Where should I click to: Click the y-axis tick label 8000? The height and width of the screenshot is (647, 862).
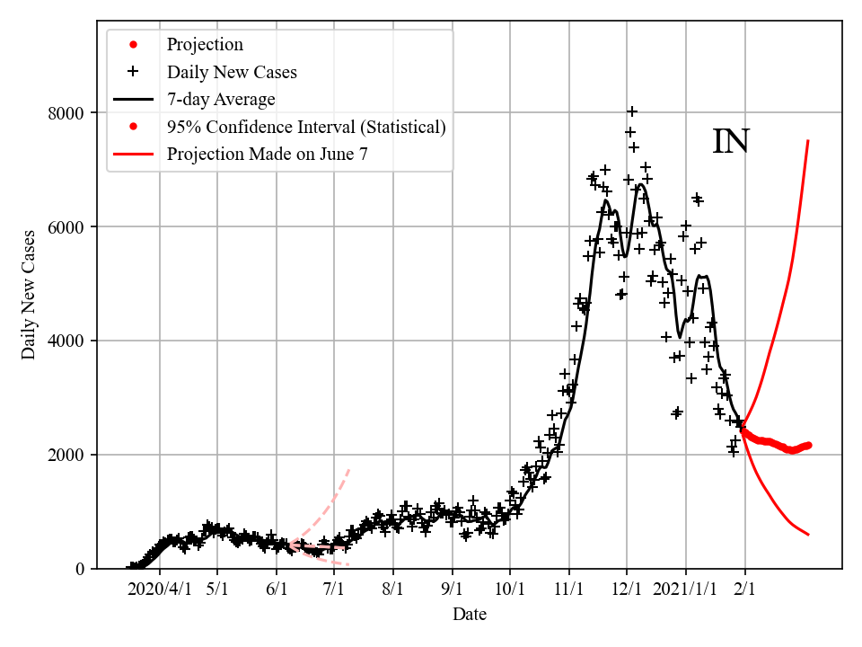67,113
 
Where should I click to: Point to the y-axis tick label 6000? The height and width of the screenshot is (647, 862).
67,227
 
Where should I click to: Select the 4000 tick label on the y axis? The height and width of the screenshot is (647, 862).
67,341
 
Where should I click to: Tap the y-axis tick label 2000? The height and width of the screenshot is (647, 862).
67,456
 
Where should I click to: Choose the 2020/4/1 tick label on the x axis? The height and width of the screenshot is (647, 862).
159,590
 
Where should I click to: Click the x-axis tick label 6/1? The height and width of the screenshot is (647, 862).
276,590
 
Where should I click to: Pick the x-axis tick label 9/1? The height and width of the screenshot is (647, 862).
452,590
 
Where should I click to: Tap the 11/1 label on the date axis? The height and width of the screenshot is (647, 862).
568,590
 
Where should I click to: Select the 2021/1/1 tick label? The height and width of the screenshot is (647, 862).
685,590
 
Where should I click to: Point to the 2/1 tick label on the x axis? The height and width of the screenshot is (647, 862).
744,590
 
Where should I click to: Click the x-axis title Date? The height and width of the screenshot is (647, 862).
470,616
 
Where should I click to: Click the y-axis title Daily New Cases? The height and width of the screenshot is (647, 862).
30,295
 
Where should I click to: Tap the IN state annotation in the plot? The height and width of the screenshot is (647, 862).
731,142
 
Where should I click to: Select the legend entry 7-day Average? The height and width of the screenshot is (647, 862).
221,99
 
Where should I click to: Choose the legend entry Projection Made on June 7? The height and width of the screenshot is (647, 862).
267,154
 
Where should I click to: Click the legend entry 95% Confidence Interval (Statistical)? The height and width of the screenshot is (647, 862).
306,127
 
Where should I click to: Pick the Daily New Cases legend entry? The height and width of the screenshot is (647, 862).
232,72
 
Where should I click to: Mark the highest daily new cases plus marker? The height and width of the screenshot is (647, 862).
632,111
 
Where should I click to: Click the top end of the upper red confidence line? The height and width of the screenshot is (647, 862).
808,141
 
